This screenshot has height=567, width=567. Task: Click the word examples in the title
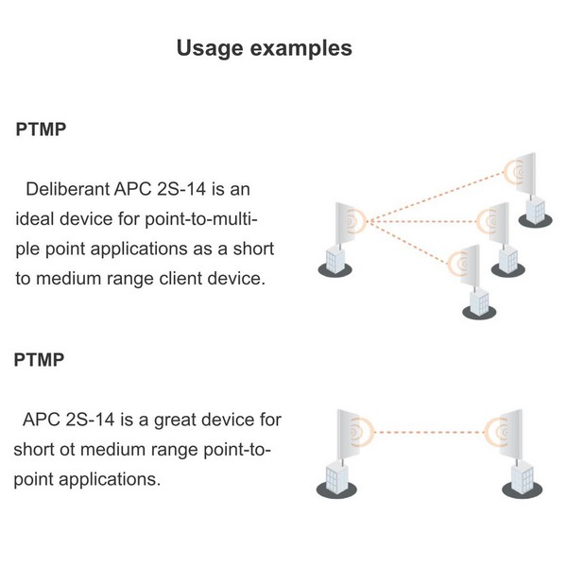(303, 47)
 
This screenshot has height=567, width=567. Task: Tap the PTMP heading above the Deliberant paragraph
(42, 130)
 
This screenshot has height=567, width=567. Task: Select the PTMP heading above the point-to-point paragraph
(42, 359)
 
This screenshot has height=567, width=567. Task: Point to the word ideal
(37, 219)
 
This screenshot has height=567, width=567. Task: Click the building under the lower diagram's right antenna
(521, 477)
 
